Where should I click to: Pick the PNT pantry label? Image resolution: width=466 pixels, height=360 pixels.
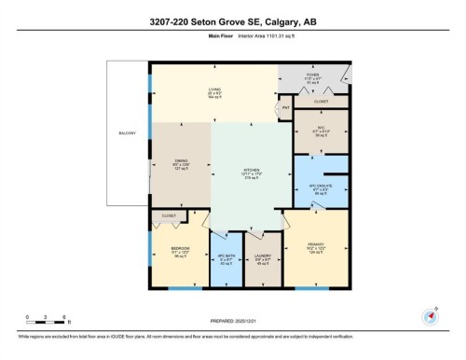point(287,109)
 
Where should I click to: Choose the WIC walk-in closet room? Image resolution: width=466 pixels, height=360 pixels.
point(321,133)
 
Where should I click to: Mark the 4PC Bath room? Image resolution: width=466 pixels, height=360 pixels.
point(225,260)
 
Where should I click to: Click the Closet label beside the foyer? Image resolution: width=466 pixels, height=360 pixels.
point(321,101)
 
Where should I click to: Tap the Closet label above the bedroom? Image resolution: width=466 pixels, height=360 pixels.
point(169,215)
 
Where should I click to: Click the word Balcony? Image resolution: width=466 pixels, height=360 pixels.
point(127,133)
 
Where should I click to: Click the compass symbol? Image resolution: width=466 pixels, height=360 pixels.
point(430,316)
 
